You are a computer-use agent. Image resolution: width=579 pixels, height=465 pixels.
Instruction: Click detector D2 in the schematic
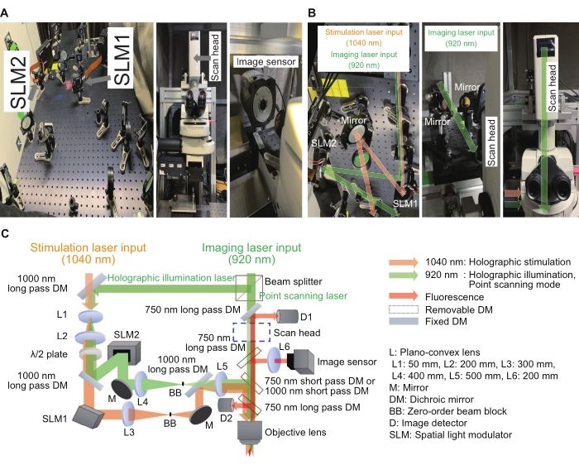[225, 404]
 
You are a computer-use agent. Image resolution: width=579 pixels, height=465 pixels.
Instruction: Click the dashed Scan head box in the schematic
[251, 332]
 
